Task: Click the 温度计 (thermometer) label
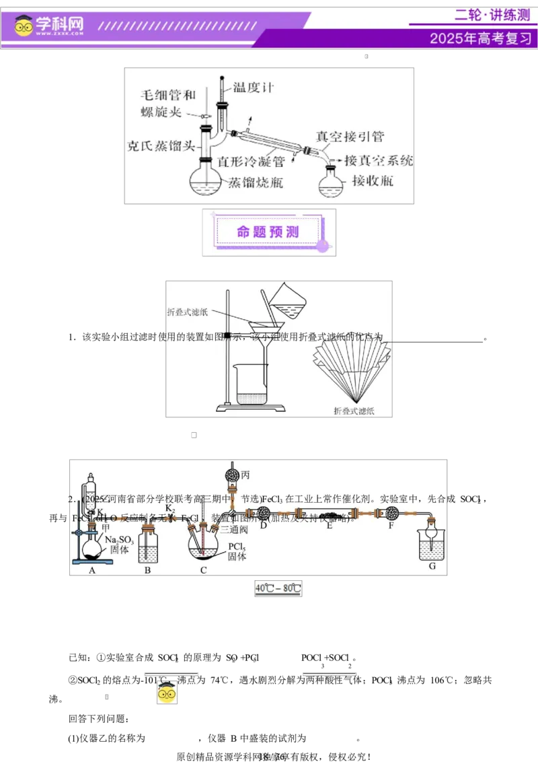coord(254,88)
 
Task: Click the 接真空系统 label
coord(379,161)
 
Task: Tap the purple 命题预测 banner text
coord(268,232)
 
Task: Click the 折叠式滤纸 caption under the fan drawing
coord(354,410)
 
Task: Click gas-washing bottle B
coord(148,546)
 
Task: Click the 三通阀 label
coord(234,529)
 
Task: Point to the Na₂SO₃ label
coord(120,540)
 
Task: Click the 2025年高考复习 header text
coord(480,38)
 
